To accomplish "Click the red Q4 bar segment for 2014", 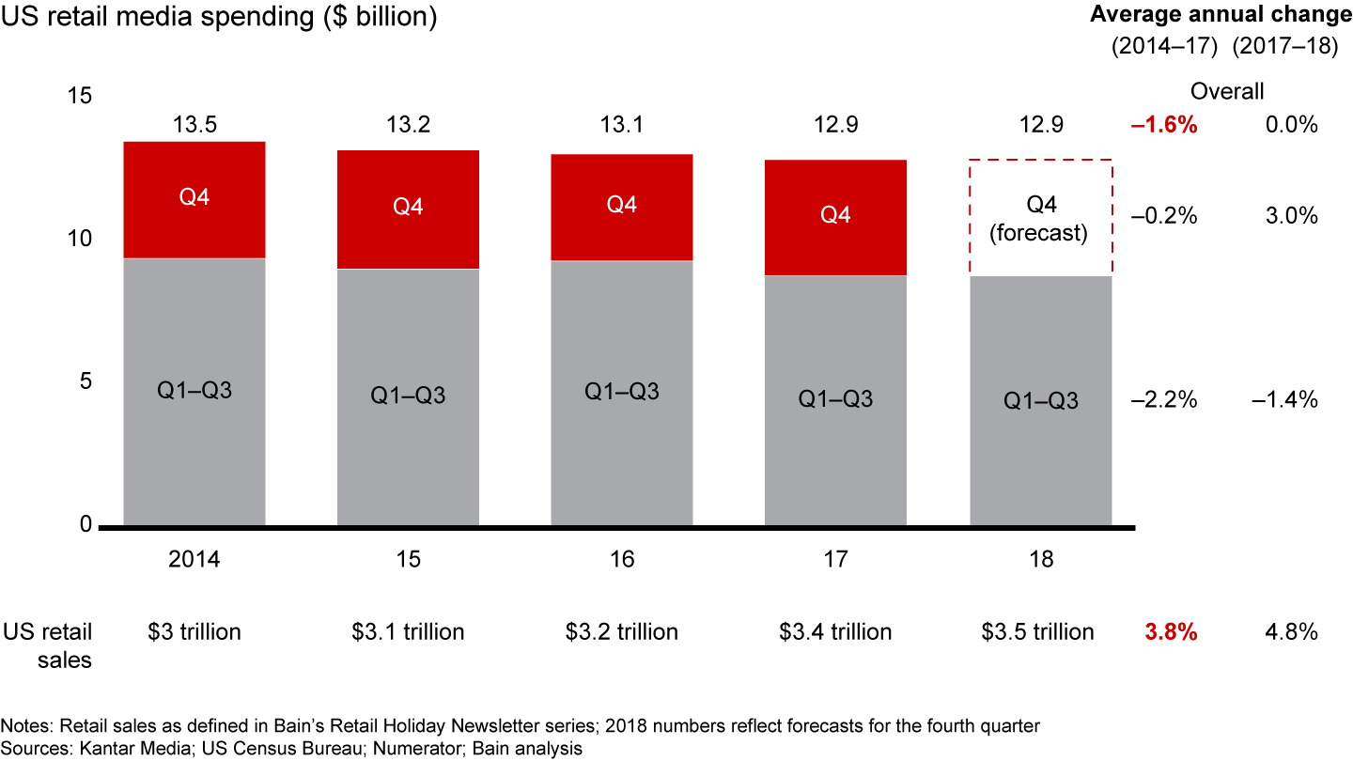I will tap(194, 199).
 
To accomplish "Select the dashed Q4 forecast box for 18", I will tap(1041, 218).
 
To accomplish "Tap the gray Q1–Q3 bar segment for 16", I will tap(622, 392).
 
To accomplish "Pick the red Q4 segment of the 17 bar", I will tap(835, 217).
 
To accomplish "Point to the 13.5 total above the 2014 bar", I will tap(194, 124).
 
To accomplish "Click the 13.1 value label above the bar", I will tap(622, 124).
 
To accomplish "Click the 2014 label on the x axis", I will tap(194, 560).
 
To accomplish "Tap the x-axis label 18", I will tap(1041, 560).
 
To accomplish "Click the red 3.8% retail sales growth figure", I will tap(1171, 632).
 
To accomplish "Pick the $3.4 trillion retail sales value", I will tap(835, 632).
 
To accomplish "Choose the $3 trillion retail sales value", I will tap(194, 632).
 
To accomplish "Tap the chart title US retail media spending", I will tap(219, 18).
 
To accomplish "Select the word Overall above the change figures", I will tap(1227, 91).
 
